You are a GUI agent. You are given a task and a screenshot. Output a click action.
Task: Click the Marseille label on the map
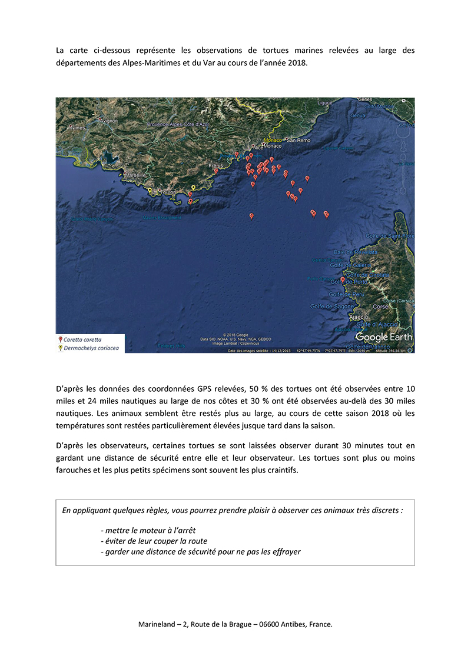[x=135, y=175]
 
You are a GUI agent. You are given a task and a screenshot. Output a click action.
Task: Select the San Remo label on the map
[x=298, y=141]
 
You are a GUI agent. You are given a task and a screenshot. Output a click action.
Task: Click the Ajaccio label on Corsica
[x=359, y=317]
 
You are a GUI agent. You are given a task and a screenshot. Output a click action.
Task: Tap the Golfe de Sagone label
[x=350, y=306]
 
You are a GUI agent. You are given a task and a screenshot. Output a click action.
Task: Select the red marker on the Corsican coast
[x=343, y=329]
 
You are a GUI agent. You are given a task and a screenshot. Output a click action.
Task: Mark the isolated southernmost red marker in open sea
[x=251, y=217]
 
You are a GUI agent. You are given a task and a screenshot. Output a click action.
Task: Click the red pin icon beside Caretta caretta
[x=60, y=340]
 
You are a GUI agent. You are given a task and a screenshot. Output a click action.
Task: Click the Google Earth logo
[x=383, y=337]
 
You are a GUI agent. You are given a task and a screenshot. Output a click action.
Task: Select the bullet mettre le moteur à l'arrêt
[x=148, y=530]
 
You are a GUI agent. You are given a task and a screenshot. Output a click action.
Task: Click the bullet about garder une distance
[x=201, y=551]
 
